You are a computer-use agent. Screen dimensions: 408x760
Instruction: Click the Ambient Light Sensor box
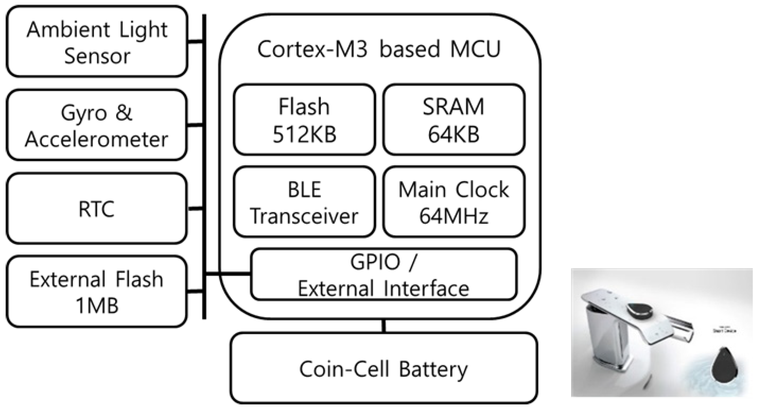97,41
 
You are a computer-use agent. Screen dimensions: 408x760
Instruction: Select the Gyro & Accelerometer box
97,125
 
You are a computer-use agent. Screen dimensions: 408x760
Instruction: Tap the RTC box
97,208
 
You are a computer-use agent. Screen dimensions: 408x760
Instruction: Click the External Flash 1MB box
97,291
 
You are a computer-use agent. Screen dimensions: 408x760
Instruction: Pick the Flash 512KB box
304,120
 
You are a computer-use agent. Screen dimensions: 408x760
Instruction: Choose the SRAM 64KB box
454,120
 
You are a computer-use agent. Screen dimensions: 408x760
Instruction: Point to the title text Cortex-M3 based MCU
379,49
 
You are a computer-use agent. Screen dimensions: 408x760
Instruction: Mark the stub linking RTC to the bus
195,209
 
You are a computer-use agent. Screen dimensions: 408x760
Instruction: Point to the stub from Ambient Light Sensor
195,41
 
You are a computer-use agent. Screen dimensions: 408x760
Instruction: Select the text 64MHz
454,216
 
